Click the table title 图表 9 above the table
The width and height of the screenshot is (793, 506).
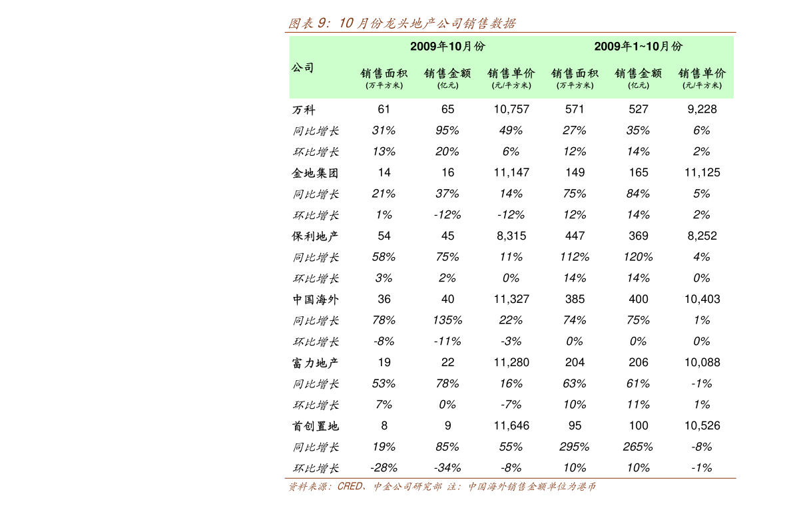tap(403, 23)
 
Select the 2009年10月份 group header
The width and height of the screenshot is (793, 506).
tap(447, 47)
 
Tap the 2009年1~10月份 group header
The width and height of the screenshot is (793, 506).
tap(639, 47)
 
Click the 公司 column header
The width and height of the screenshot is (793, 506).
tap(303, 68)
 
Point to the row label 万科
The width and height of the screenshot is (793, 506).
tap(304, 110)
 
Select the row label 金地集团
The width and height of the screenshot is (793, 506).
tap(315, 173)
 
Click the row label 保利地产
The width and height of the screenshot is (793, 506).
tap(315, 236)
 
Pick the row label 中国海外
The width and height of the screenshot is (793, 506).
tap(315, 299)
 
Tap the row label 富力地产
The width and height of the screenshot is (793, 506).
tap(315, 362)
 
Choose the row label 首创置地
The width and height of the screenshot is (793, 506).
tap(315, 426)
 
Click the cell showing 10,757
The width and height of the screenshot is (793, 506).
tap(511, 109)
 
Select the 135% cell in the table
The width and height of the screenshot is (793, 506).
tap(447, 320)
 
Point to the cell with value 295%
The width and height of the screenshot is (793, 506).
tap(575, 447)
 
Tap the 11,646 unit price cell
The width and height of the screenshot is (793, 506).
tap(511, 425)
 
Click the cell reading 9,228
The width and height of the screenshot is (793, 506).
tap(702, 109)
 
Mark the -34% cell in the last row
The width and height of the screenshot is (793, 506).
tap(447, 468)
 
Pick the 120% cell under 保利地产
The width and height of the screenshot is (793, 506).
tap(639, 257)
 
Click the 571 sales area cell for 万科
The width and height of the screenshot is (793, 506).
tap(575, 109)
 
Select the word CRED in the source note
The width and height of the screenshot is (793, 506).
tap(350, 486)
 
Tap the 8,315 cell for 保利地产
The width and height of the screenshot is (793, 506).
tap(511, 236)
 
